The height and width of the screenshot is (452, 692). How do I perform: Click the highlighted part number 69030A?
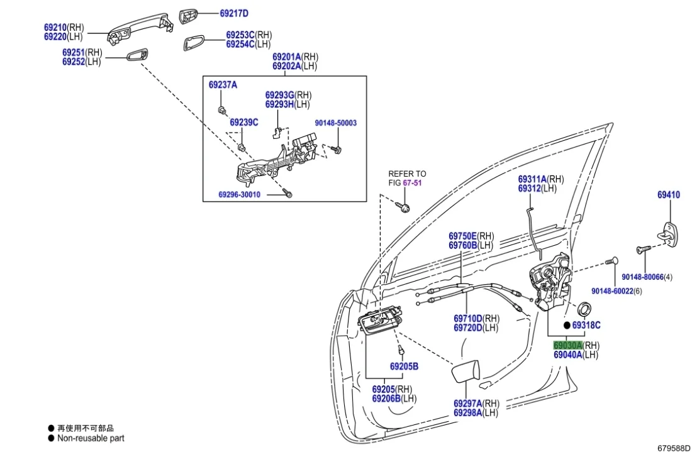tap(567, 345)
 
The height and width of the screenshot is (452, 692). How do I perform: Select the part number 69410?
tap(668, 195)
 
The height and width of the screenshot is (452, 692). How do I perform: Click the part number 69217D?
tap(234, 13)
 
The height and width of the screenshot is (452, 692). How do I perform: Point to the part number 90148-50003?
tap(335, 123)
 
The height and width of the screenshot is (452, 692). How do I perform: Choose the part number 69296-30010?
tap(239, 195)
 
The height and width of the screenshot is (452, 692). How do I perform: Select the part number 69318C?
tap(586, 325)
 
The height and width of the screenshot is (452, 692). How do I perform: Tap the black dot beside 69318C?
tap(566, 326)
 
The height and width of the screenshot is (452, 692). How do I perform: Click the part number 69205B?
tap(404, 367)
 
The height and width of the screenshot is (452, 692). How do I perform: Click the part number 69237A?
tap(223, 84)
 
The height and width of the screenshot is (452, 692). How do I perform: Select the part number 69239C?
tap(243, 122)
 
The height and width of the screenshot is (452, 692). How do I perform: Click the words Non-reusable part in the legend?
tap(91, 438)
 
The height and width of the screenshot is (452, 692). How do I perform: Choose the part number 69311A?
tap(532, 179)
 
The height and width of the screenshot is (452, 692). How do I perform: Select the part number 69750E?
tap(463, 236)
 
